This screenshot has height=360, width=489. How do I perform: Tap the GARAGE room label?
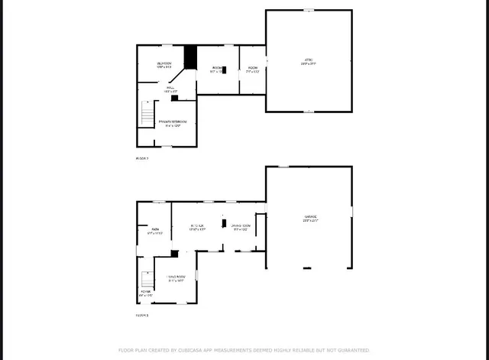pos(309,218)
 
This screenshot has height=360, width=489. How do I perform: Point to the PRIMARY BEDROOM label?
pos(173,122)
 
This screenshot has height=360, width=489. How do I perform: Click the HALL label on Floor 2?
pos(169,89)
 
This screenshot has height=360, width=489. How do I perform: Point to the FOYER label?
pos(145,293)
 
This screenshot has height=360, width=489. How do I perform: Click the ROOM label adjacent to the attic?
pos(252,68)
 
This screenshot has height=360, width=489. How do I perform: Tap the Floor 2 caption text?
pos(141,158)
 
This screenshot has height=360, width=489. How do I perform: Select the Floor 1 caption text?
pos(141,314)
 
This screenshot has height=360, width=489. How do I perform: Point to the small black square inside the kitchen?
pos(225,225)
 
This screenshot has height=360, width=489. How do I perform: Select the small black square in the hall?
pos(174,97)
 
